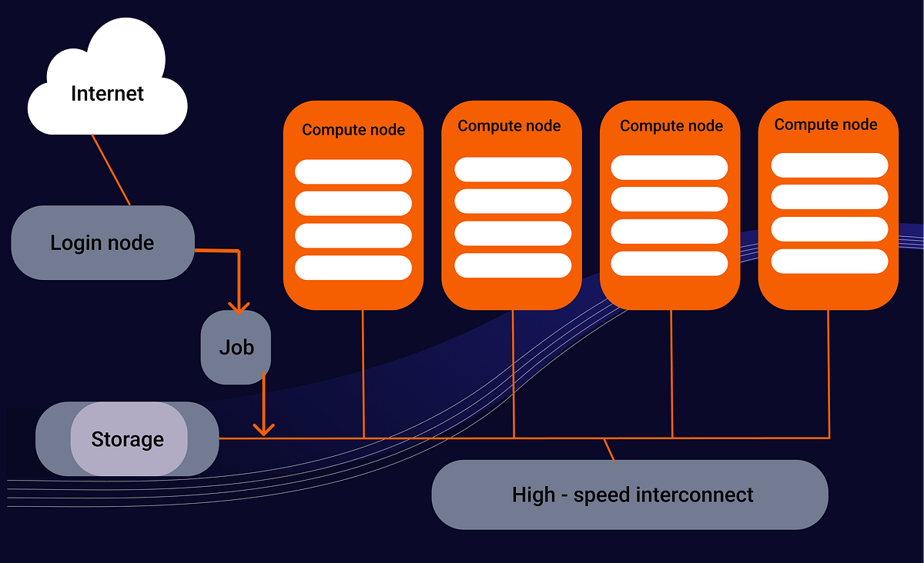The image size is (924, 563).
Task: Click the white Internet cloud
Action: (x=108, y=85)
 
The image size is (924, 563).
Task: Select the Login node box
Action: (x=102, y=243)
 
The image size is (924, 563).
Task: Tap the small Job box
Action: (x=236, y=348)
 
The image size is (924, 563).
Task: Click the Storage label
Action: (x=128, y=439)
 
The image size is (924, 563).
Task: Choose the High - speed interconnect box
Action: (x=630, y=495)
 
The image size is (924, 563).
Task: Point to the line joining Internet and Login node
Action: (x=111, y=170)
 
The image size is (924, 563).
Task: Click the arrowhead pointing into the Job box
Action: (x=239, y=307)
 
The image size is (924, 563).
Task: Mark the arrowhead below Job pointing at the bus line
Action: (x=264, y=429)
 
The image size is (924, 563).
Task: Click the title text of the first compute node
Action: (x=353, y=130)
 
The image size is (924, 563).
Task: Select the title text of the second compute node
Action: (x=509, y=125)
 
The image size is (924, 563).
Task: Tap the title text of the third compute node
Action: (x=671, y=125)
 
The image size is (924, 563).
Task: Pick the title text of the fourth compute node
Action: (x=825, y=125)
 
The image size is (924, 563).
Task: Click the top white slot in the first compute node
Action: (x=353, y=172)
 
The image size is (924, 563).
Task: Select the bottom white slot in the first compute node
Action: (x=353, y=268)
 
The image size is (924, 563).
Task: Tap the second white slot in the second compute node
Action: (x=513, y=201)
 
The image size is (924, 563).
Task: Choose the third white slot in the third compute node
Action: (x=669, y=232)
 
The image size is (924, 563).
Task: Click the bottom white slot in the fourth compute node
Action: (x=829, y=261)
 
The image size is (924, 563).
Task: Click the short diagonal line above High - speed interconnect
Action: (x=609, y=450)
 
